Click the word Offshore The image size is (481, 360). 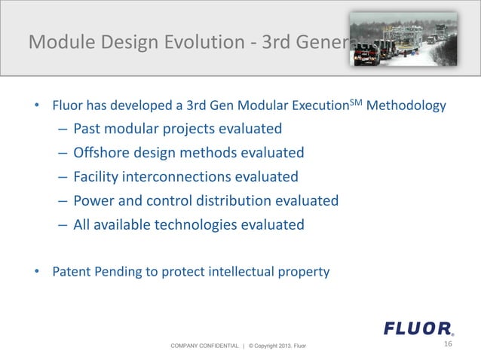point(103,153)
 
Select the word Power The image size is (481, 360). point(93,201)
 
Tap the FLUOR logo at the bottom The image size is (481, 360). point(418,328)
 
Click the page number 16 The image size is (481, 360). point(448,344)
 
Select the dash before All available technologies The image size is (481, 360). point(62,225)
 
